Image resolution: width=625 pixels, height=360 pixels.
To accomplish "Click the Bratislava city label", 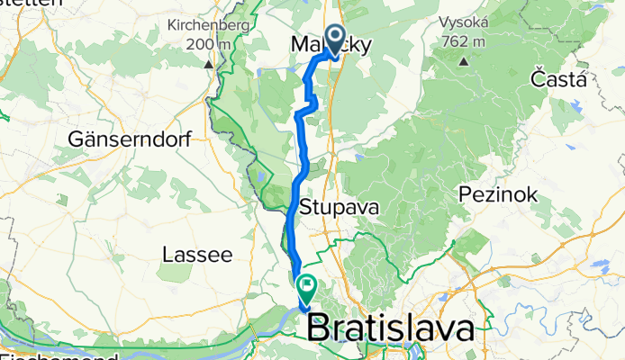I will [392, 328].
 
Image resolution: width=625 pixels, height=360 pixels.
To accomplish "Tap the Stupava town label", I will [347, 207].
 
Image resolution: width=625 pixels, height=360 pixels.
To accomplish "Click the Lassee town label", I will [197, 256].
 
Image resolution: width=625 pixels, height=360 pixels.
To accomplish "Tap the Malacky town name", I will [330, 45].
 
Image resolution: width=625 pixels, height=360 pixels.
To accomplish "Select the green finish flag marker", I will [306, 289].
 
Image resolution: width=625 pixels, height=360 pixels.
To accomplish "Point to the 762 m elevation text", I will [465, 41].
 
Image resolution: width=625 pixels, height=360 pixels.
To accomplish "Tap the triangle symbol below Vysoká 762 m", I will [464, 61].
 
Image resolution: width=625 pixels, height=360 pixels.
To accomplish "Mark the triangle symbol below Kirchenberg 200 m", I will [209, 64].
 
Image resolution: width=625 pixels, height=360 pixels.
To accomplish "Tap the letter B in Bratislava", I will [321, 328].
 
